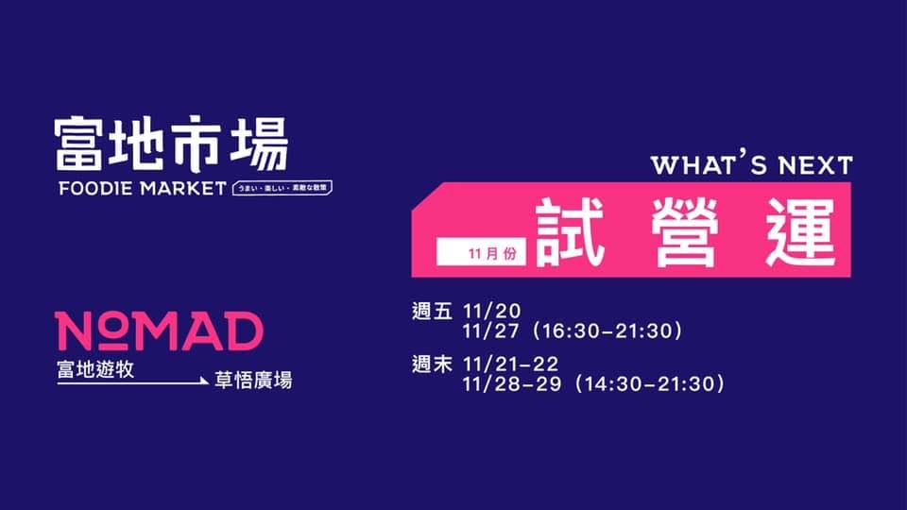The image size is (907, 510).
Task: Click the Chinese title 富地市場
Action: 171,143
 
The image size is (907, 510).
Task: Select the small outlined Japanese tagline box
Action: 282,187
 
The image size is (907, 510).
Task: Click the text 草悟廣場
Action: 252,381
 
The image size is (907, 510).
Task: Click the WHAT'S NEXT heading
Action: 751,164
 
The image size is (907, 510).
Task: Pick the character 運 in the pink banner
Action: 802,232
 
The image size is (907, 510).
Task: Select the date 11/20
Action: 488,312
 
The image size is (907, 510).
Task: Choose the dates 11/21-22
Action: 511,364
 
